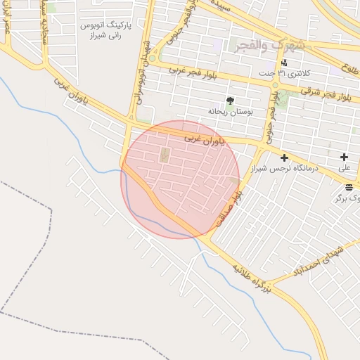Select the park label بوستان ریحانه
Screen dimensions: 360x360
click(x=229, y=111)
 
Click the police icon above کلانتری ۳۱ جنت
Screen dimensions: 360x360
click(x=283, y=63)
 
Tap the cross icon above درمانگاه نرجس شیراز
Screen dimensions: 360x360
click(x=284, y=157)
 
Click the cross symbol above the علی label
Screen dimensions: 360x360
click(x=344, y=157)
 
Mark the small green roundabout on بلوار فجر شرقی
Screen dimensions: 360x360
click(x=275, y=86)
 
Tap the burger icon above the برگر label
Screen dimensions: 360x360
click(x=349, y=186)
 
